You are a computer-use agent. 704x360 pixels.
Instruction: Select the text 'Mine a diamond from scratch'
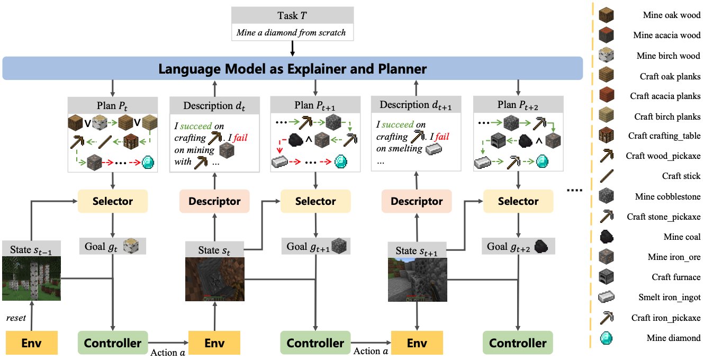pyautogui.click(x=292, y=32)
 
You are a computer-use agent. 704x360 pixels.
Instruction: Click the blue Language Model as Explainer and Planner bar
pyautogui.click(x=292, y=69)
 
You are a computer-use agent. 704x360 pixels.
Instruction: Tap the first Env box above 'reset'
pyautogui.click(x=31, y=343)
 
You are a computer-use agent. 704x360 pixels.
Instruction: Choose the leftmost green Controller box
pyautogui.click(x=113, y=343)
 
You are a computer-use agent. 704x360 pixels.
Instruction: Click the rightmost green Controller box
pyautogui.click(x=518, y=343)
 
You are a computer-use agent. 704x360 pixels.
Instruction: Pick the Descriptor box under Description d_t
pyautogui.click(x=214, y=201)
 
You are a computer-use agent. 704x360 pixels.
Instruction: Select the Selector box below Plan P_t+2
pyautogui.click(x=518, y=201)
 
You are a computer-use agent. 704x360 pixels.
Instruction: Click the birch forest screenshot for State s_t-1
pyautogui.click(x=31, y=278)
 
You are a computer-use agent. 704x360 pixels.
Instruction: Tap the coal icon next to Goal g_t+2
pyautogui.click(x=540, y=246)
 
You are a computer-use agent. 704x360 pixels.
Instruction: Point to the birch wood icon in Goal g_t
pyautogui.click(x=130, y=246)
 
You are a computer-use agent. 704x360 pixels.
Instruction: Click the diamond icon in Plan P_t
pyautogui.click(x=149, y=161)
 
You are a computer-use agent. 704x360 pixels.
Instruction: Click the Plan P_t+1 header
pyautogui.click(x=315, y=104)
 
